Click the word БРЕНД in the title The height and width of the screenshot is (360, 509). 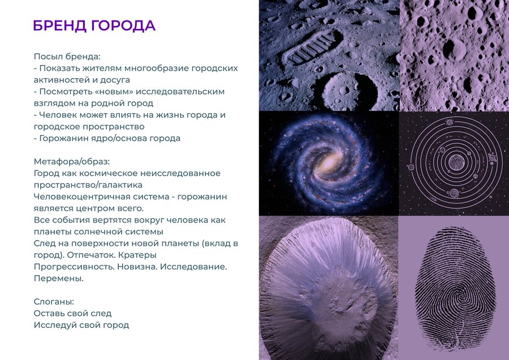pyautogui.click(x=60, y=25)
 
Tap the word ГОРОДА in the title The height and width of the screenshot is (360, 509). pyautogui.click(x=123, y=25)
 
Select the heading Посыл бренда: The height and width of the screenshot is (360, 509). pyautogui.click(x=67, y=57)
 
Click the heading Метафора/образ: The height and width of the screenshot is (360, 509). pyautogui.click(x=72, y=161)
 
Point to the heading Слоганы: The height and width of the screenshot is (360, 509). pyautogui.click(x=54, y=302)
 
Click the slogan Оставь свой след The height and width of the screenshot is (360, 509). pyautogui.click(x=73, y=314)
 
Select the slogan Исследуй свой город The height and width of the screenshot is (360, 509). pyautogui.click(x=81, y=325)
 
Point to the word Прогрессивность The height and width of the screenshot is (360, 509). pyautogui.click(x=74, y=267)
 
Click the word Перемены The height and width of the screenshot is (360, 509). pyautogui.click(x=59, y=278)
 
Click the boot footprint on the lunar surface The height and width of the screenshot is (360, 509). pyautogui.click(x=312, y=47)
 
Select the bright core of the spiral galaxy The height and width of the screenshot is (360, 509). pyautogui.click(x=330, y=161)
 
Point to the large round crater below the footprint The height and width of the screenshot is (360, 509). pyautogui.click(x=348, y=90)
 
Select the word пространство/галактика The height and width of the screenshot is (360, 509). pyautogui.click(x=88, y=185)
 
